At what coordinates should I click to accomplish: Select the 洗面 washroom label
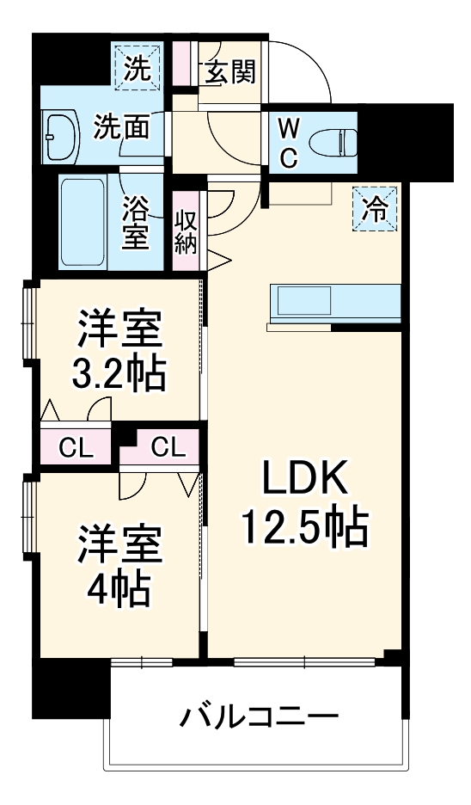(x=122, y=127)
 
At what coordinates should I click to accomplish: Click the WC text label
(x=290, y=142)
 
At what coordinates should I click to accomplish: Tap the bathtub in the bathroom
(x=83, y=222)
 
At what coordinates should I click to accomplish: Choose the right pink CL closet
(x=168, y=447)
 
